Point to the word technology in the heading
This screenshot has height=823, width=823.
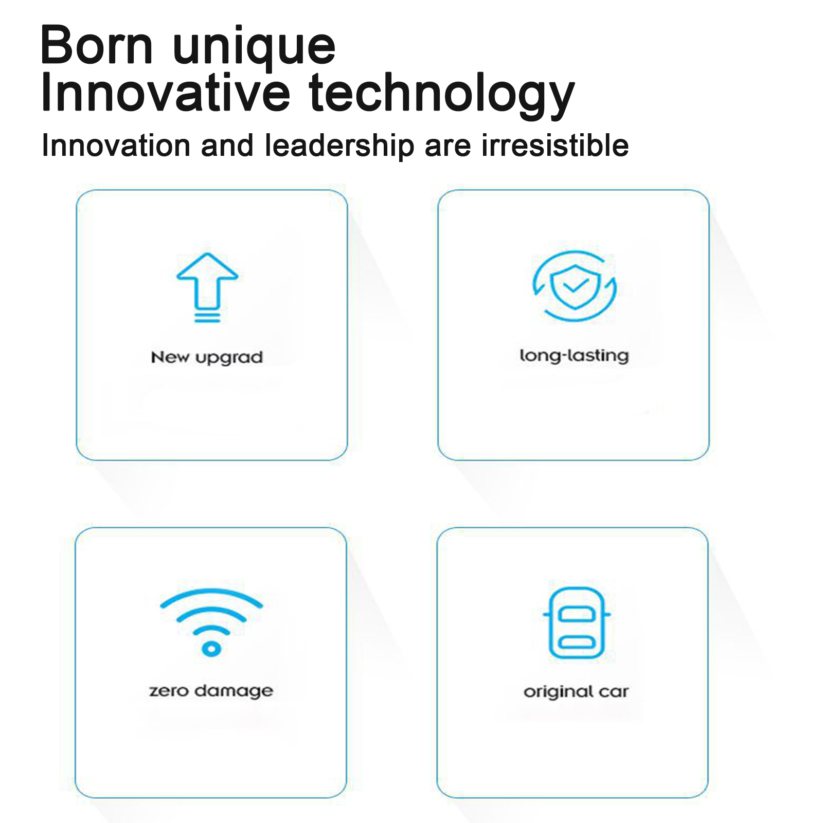point(441,96)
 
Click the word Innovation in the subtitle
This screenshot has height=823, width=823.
point(116,146)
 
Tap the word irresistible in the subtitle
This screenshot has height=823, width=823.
point(555,146)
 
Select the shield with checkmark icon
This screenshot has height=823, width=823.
point(575,287)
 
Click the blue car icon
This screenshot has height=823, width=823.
point(577,623)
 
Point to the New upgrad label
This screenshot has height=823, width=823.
point(207,357)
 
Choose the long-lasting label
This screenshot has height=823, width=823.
point(574,356)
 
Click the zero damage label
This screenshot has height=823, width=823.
point(211,691)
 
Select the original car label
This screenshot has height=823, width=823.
point(576,692)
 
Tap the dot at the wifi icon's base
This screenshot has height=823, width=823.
point(211,649)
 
